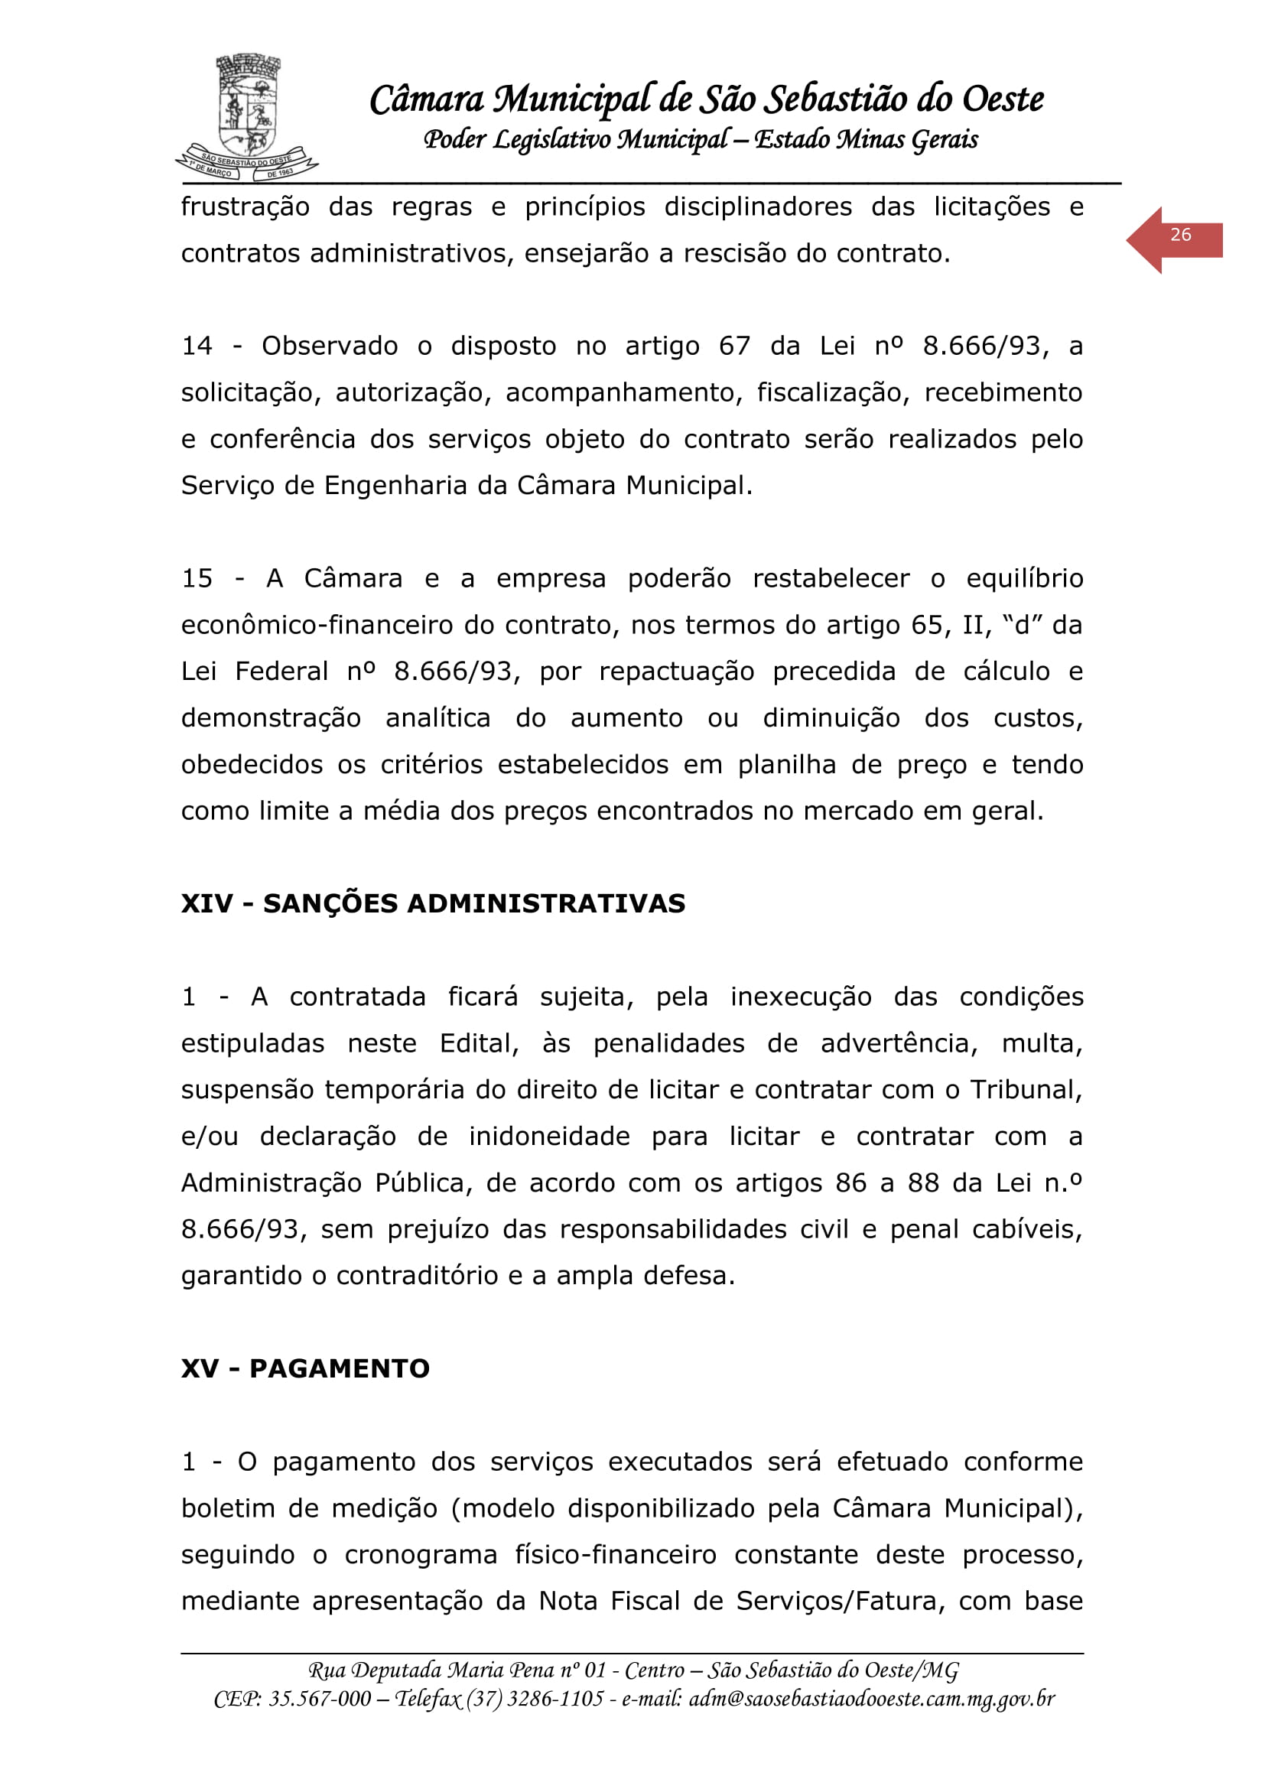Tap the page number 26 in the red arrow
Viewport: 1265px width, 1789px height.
pyautogui.click(x=1180, y=235)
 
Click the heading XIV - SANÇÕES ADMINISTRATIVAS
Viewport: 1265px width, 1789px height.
pyautogui.click(x=433, y=903)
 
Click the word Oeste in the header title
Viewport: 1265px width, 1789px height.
pyautogui.click(x=1003, y=99)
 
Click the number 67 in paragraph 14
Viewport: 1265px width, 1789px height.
pyautogui.click(x=733, y=346)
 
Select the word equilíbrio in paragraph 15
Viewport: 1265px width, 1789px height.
pyautogui.click(x=1024, y=578)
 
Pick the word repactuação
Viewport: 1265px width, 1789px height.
pyautogui.click(x=676, y=672)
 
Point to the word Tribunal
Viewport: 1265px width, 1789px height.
pyautogui.click(x=1025, y=1090)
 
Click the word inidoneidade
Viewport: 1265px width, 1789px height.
pyautogui.click(x=549, y=1137)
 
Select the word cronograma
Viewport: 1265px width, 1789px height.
pyautogui.click(x=421, y=1554)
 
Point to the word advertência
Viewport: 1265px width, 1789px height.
pyautogui.click(x=899, y=1043)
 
